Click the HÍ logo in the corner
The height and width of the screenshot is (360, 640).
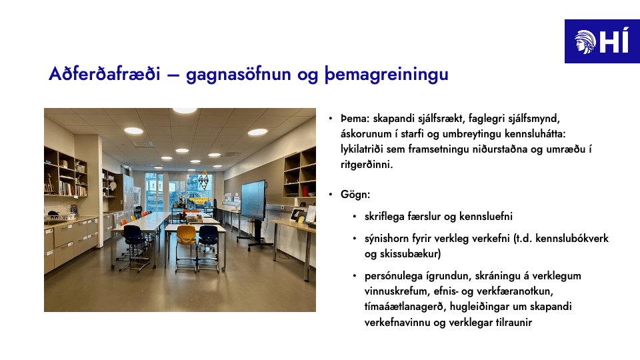click(602, 41)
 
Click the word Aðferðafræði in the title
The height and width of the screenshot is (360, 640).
click(104, 74)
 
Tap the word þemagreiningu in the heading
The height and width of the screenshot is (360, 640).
click(387, 75)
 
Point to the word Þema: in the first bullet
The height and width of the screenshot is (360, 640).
click(355, 119)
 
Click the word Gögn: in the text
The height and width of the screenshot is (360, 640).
click(355, 195)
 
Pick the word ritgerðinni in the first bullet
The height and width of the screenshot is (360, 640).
click(367, 165)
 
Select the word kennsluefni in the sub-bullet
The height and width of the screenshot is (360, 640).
click(486, 216)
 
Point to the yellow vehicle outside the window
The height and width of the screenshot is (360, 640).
click(199, 201)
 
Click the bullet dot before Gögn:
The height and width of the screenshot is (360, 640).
click(331, 195)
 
